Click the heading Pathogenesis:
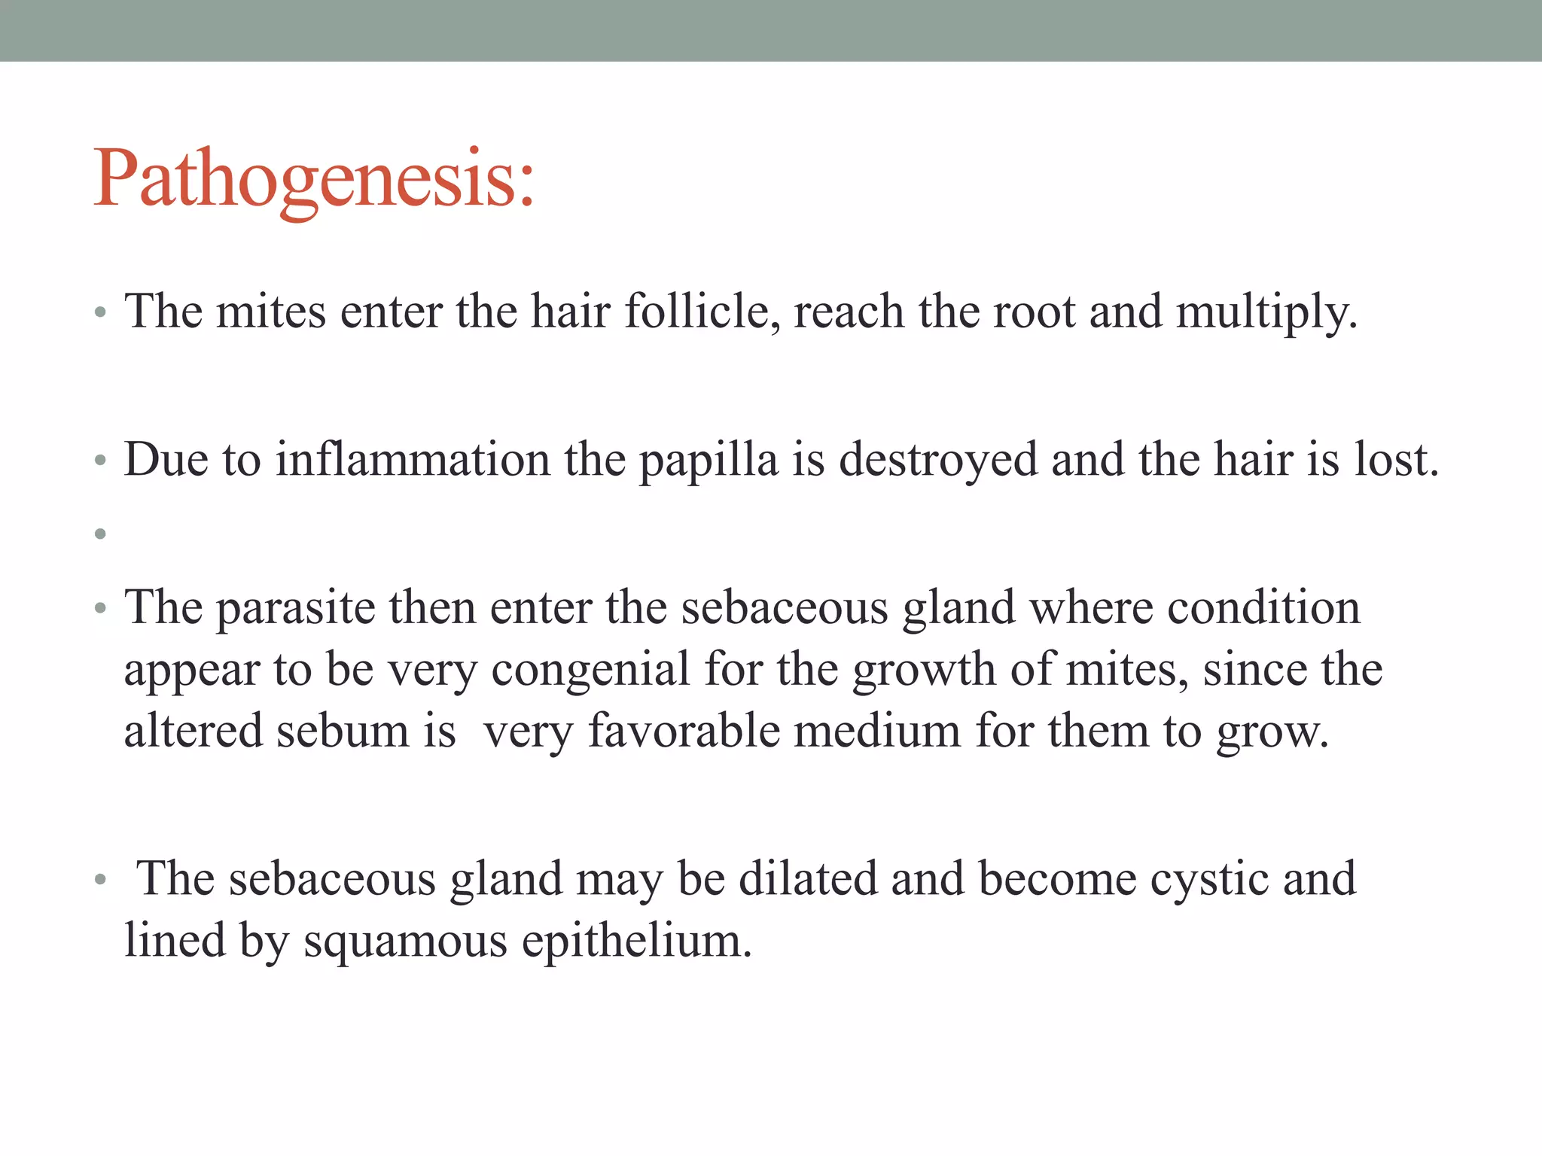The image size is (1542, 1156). click(x=313, y=179)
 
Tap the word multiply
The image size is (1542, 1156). click(x=1266, y=312)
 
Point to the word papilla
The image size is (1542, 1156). click(x=708, y=461)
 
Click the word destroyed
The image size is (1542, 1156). click(x=938, y=461)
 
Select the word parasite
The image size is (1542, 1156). click(x=296, y=608)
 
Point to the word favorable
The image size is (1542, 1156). click(x=684, y=731)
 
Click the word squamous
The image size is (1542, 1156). click(x=405, y=942)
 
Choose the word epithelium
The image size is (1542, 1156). click(x=636, y=942)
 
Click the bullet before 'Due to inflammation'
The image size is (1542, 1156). click(x=100, y=461)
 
